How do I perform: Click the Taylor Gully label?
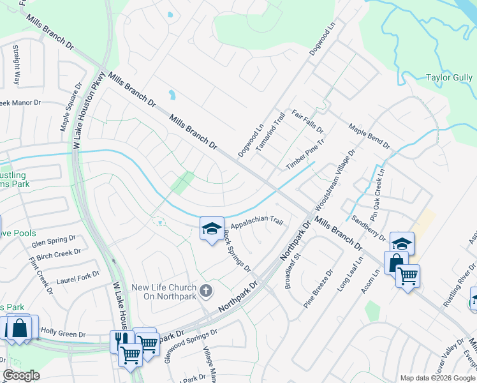[449, 77]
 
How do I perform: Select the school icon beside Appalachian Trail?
[212, 230]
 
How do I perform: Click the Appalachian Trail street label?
[256, 223]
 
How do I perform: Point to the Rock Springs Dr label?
[237, 250]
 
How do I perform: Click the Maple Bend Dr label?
[369, 136]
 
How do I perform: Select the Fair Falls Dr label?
[308, 121]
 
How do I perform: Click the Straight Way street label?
[17, 66]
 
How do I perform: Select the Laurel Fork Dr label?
[78, 277]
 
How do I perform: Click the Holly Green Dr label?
[63, 333]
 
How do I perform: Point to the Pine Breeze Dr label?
[318, 287]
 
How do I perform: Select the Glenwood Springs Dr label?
[191, 345]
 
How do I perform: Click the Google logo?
[21, 375]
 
